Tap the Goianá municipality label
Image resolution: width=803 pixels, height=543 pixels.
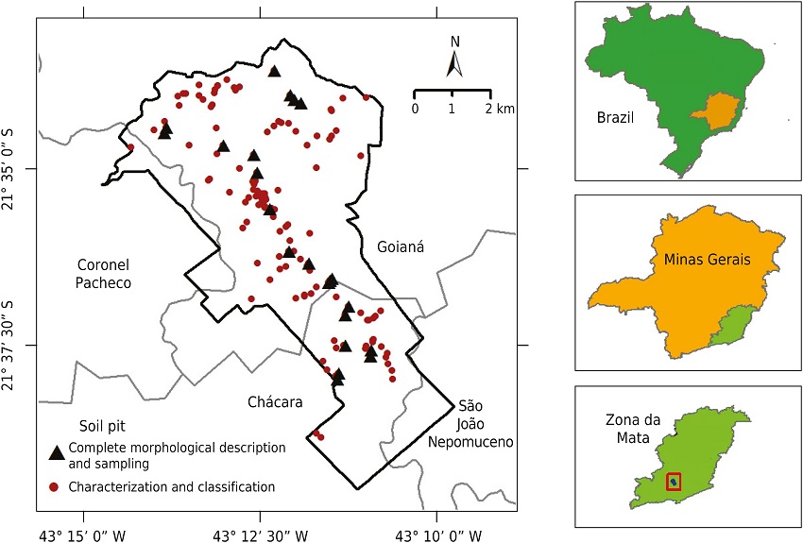401,246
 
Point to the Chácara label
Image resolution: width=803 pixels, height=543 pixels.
276,402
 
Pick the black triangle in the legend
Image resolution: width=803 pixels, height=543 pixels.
57,453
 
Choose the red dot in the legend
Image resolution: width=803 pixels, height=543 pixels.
56,486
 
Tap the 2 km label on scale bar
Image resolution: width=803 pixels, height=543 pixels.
498,109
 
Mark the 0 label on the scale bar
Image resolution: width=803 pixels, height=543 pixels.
415,109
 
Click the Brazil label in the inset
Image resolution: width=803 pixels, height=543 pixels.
615,118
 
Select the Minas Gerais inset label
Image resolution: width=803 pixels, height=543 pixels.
700,259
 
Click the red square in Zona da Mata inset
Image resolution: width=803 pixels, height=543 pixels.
674,482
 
